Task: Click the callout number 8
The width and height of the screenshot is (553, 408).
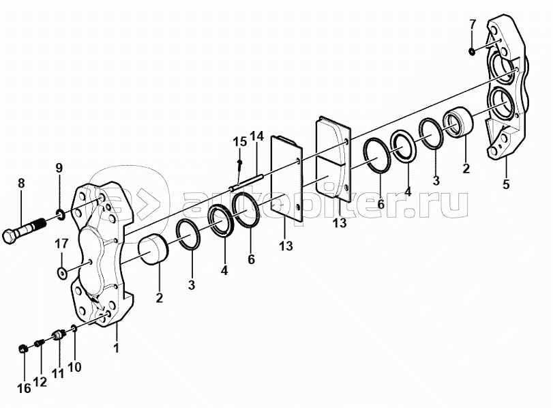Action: click(22, 183)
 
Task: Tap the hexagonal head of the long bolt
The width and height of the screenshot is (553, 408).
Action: click(10, 236)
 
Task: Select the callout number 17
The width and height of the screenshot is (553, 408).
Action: click(61, 244)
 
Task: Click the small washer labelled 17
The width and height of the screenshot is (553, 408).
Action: click(62, 272)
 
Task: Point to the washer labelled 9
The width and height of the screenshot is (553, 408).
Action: click(60, 214)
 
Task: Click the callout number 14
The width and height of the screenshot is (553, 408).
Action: click(257, 136)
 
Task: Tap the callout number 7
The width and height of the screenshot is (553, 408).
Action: click(473, 25)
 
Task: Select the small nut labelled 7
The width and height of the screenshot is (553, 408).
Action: click(472, 52)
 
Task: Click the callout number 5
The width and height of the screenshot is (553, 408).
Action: click(506, 184)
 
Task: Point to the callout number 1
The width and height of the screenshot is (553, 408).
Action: click(116, 348)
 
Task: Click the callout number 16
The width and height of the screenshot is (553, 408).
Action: click(24, 389)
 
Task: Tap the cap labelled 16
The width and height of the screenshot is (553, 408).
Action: click(23, 349)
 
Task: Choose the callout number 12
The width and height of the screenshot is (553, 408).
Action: click(40, 381)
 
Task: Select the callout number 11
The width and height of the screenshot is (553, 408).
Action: click(58, 373)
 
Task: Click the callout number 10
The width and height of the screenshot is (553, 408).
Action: click(74, 367)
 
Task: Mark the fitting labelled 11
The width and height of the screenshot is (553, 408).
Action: click(59, 334)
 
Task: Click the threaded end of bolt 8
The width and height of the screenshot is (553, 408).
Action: click(38, 224)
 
